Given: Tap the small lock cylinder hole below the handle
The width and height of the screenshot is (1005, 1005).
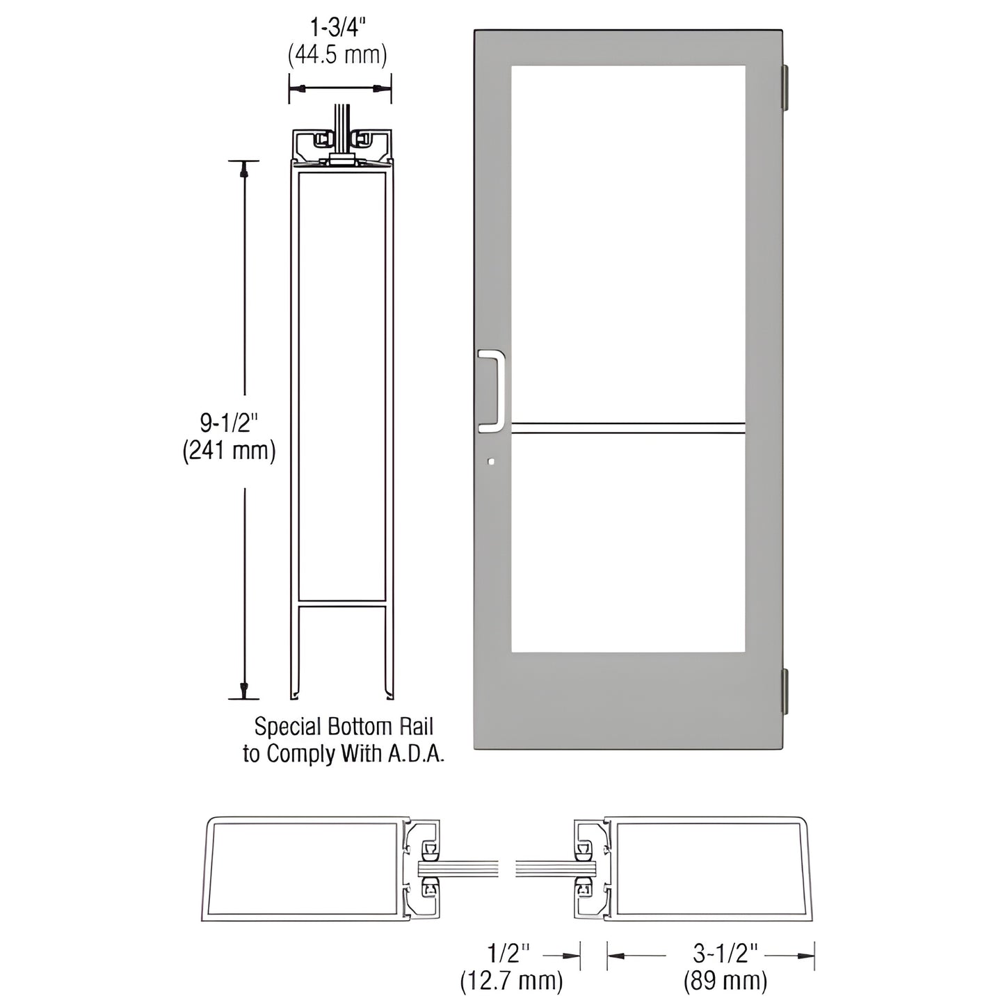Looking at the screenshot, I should pos(492,460).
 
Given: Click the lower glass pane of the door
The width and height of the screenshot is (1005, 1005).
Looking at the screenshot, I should pos(628,542).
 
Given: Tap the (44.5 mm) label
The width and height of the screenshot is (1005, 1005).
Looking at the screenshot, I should pos(337,56).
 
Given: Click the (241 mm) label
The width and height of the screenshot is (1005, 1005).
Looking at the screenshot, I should pos(230,451).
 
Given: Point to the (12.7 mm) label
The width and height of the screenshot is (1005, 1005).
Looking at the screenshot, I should pos(511,981).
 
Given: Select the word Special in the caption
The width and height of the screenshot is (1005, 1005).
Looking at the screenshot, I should pos(281,727).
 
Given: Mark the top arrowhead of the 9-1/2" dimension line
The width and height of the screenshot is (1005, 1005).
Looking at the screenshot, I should pos(243,170).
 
